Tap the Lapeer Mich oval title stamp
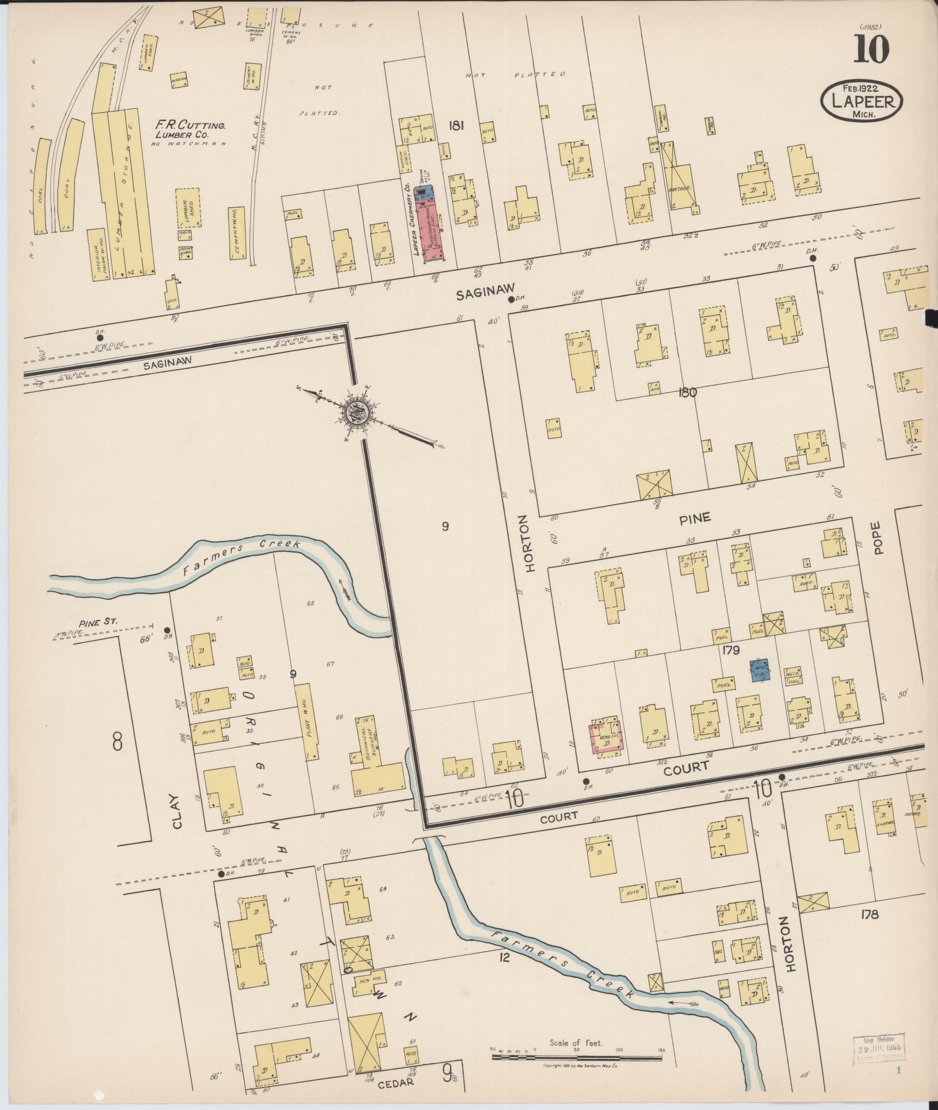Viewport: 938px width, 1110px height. pyautogui.click(x=861, y=101)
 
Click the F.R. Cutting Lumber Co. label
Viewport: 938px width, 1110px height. pyautogui.click(x=190, y=130)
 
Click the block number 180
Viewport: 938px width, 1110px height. pyautogui.click(x=688, y=393)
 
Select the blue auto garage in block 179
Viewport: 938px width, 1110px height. pyautogui.click(x=759, y=670)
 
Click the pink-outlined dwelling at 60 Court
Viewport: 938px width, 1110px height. pyautogui.click(x=606, y=738)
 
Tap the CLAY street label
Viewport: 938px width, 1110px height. pyautogui.click(x=176, y=812)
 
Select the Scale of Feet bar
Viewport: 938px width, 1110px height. pyautogui.click(x=577, y=1058)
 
